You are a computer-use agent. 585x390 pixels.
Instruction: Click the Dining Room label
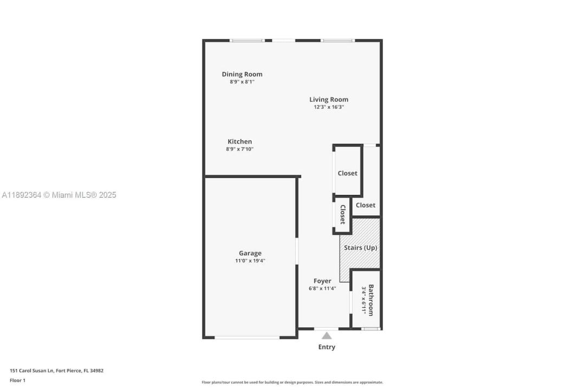[x=242, y=74]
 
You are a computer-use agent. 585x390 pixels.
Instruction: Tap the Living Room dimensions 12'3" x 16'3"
[x=329, y=107]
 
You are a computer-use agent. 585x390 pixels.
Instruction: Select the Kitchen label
[x=240, y=141]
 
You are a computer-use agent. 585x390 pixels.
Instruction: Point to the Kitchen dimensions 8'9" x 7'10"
[x=239, y=149]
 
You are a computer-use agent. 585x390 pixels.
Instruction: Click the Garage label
[x=250, y=253]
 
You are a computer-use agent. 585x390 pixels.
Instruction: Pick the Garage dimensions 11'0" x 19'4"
[x=250, y=261]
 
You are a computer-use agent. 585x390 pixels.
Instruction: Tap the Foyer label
[x=322, y=281]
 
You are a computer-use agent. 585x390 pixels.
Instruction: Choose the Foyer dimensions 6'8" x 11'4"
[x=322, y=288]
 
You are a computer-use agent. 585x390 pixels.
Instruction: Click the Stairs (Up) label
[x=360, y=248]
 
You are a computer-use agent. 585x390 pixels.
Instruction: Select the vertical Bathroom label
[x=371, y=300]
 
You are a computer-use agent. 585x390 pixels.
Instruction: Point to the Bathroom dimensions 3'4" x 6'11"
[x=363, y=300]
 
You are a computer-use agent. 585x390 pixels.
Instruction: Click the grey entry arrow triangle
[x=327, y=336]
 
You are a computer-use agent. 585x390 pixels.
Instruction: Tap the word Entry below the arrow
[x=327, y=347]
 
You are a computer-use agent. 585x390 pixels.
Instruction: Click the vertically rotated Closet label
[x=342, y=214]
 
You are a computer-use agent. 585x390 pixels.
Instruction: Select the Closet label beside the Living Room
[x=347, y=173]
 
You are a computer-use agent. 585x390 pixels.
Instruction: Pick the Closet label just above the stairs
[x=366, y=205]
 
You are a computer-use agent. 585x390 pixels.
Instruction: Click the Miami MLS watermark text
[x=59, y=195]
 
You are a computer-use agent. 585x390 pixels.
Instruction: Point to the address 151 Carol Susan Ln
[x=32, y=370]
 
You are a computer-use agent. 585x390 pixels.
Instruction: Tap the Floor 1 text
[x=17, y=380]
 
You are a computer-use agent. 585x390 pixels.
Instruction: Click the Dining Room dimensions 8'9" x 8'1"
[x=242, y=82]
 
